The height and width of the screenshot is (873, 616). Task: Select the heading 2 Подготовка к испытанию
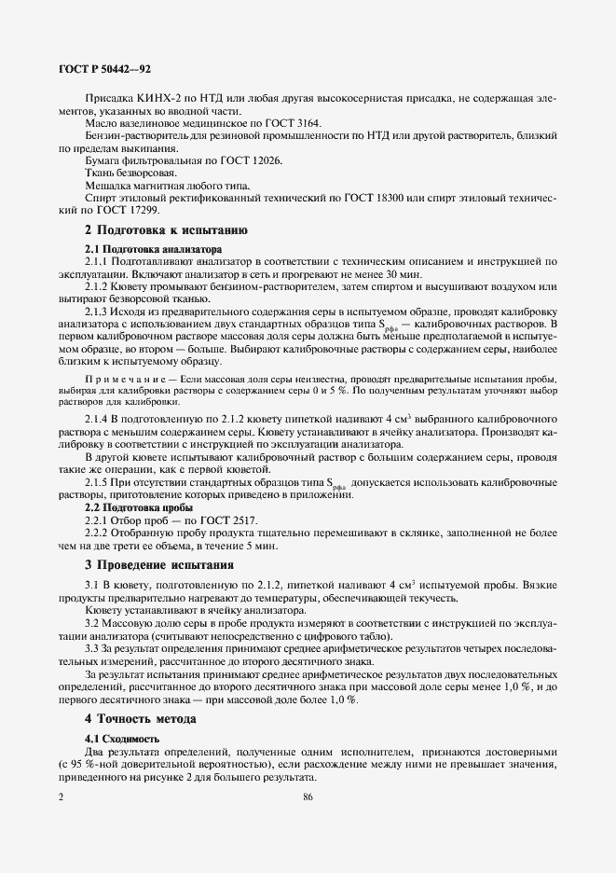pyautogui.click(x=166, y=229)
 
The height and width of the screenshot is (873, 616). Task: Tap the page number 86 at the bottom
pyautogui.click(x=308, y=797)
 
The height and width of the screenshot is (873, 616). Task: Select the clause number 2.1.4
pyautogui.click(x=99, y=421)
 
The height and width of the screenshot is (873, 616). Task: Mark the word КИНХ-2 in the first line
pyautogui.click(x=157, y=98)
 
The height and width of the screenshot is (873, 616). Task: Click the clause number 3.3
pyautogui.click(x=92, y=647)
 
